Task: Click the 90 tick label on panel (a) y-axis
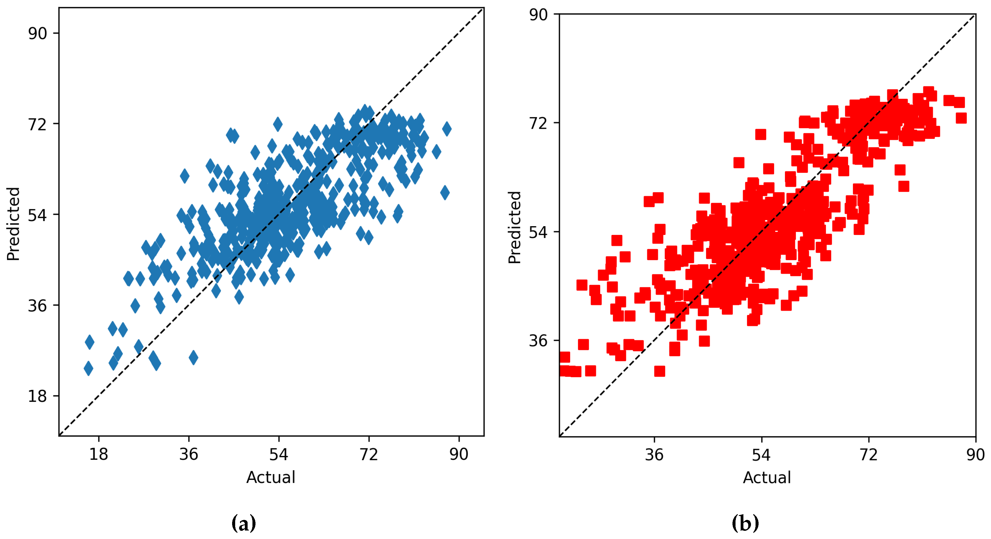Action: [37, 33]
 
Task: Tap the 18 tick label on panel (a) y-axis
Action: [37, 396]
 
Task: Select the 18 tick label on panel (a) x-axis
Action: [99, 454]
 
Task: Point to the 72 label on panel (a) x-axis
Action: [369, 454]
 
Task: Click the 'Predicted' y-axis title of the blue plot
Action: [13, 224]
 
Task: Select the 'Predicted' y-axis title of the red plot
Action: [514, 227]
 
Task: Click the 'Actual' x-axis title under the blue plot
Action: [271, 477]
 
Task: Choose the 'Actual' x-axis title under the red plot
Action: [767, 477]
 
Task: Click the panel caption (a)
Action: [244, 523]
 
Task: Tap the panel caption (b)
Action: [745, 523]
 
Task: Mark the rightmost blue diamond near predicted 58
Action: [445, 192]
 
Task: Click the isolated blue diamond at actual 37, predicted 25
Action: [194, 357]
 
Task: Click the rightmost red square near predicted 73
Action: [961, 118]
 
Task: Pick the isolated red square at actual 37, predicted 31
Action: [659, 371]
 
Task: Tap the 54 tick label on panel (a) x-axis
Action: [279, 454]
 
